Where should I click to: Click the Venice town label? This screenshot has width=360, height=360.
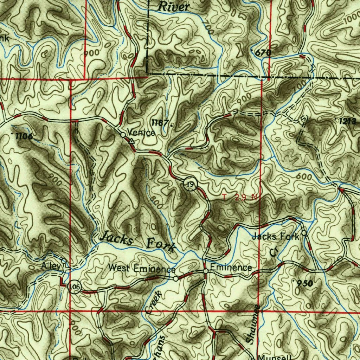coord(141,133)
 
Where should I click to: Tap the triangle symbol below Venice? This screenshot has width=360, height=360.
coord(131,141)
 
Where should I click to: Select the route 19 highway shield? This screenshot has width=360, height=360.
coord(190,184)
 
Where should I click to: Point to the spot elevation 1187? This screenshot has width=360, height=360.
coord(160,123)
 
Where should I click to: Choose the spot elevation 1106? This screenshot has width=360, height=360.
coord(24,136)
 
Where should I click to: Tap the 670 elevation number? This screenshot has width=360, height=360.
coord(263,53)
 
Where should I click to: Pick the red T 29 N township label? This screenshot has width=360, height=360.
coord(240,197)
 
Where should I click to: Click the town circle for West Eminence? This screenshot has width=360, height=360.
coord(175,278)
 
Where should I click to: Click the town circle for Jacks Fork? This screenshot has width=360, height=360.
coord(304,233)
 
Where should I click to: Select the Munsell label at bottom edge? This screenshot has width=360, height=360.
coord(274,356)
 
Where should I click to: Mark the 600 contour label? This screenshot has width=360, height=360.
coord(304,177)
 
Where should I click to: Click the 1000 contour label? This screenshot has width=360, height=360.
coord(352,19)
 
